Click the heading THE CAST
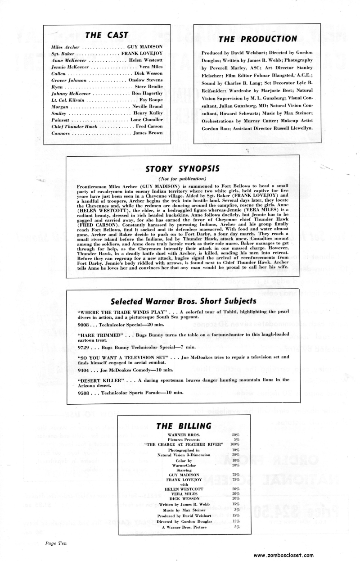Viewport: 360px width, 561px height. tap(107, 35)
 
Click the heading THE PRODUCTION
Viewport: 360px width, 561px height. tap(257, 39)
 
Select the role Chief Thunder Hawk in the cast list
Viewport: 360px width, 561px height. tap(71, 127)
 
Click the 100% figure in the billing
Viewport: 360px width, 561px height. tap(235, 444)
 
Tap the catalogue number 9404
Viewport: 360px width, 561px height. tap(84, 370)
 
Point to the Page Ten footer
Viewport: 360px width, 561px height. tap(56, 543)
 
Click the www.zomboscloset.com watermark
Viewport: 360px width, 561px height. tap(309, 555)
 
